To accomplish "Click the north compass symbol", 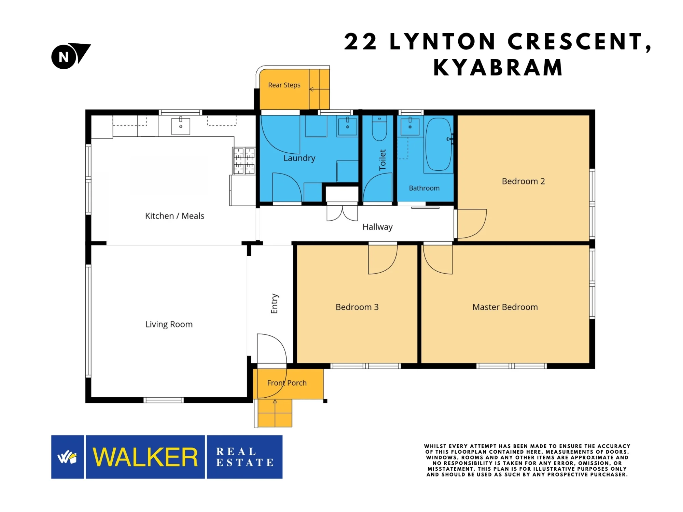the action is pyautogui.click(x=70, y=56).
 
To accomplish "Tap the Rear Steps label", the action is pyautogui.click(x=284, y=85).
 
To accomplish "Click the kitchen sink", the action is pyautogui.click(x=181, y=126).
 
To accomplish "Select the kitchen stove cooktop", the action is pyautogui.click(x=244, y=161).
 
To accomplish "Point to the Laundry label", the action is pyautogui.click(x=299, y=158).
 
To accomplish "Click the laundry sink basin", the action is pyautogui.click(x=347, y=126).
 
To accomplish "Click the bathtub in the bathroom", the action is pyautogui.click(x=438, y=144).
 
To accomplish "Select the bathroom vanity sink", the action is pyautogui.click(x=410, y=126).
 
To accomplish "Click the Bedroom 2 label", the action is pyautogui.click(x=523, y=181).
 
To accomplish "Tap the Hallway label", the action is pyautogui.click(x=377, y=227).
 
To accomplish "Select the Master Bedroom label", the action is pyautogui.click(x=505, y=307).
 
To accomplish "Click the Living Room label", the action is pyautogui.click(x=169, y=324).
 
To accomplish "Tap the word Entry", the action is pyautogui.click(x=274, y=303).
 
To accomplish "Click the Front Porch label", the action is pyautogui.click(x=287, y=383).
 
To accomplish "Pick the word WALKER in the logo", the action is pyautogui.click(x=145, y=457).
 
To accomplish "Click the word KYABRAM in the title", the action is pyautogui.click(x=498, y=67).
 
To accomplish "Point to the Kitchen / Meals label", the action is pyautogui.click(x=175, y=216).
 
